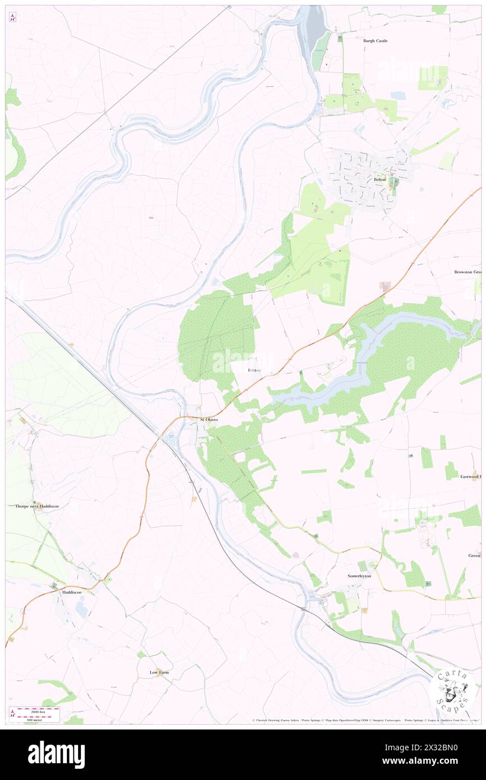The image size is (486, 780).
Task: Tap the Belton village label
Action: pyautogui.click(x=380, y=180)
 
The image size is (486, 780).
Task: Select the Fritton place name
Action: pyautogui.click(x=254, y=370)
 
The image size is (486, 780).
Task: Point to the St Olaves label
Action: pyautogui.click(x=209, y=419)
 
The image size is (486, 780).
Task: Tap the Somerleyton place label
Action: pyautogui.click(x=359, y=576)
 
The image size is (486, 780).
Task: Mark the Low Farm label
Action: pyautogui.click(x=159, y=672)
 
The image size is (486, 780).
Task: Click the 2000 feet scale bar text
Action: pyautogui.click(x=39, y=712)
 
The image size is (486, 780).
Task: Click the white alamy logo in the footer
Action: pyautogui.click(x=56, y=754)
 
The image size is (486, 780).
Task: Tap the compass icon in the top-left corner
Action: pyautogui.click(x=12, y=17)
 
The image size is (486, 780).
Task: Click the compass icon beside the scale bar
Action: pyautogui.click(x=12, y=714)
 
